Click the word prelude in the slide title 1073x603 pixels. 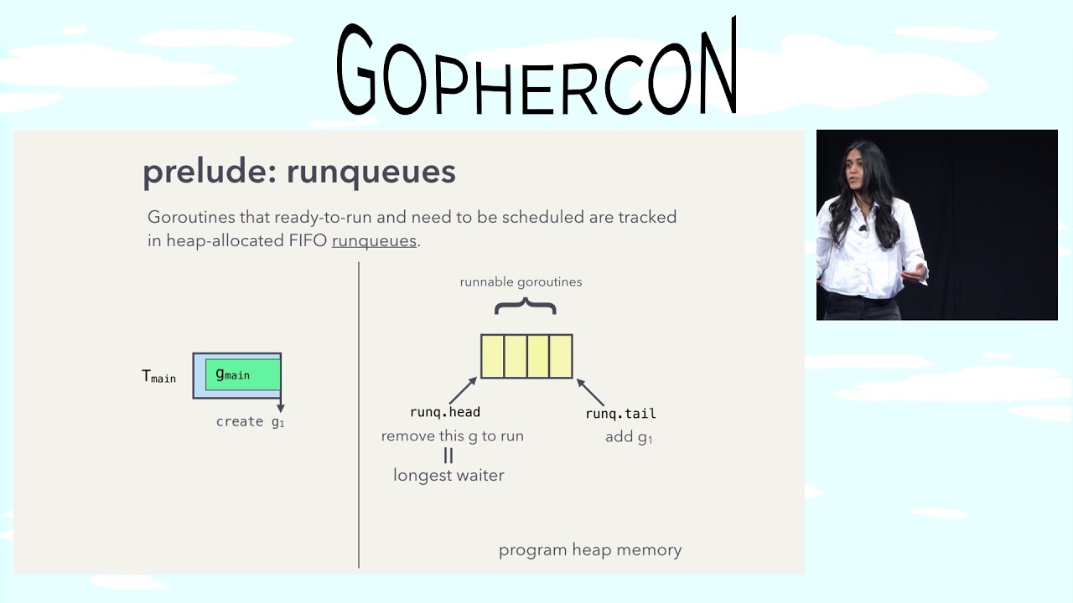[209, 172]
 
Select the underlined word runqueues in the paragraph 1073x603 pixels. [374, 240]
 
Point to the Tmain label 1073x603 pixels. [158, 377]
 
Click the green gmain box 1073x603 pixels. [242, 374]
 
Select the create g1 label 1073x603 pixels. [250, 421]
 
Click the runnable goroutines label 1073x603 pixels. [521, 282]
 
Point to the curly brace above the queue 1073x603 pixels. [525, 307]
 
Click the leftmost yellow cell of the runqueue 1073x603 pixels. [492, 356]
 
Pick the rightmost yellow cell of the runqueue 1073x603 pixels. [561, 356]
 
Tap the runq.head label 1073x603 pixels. [444, 412]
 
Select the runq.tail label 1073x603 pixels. [620, 414]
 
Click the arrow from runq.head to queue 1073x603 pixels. [463, 390]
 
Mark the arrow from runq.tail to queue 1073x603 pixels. [591, 392]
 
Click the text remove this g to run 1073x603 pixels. [452, 436]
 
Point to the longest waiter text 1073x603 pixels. [448, 476]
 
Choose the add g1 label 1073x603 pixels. [629, 437]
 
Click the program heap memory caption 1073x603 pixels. [589, 550]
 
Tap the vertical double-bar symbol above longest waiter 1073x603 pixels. [448, 456]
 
